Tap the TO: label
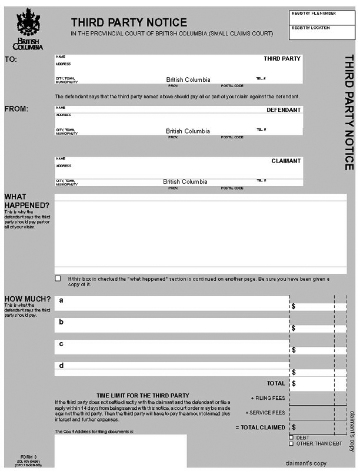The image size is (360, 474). (11, 59)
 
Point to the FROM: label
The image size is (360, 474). (16, 109)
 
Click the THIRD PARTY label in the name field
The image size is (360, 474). (282, 59)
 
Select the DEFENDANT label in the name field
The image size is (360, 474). (284, 110)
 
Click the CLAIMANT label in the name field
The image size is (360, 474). (286, 161)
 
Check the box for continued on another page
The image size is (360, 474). (58, 279)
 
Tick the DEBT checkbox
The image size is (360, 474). (291, 437)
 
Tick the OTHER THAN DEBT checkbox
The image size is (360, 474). (291, 443)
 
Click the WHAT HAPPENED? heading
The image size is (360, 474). (26, 201)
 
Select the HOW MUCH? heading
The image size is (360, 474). (27, 299)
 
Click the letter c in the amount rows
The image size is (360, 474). (61, 344)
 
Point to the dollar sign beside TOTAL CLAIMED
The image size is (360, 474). (294, 427)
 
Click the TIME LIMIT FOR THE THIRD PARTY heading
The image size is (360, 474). (142, 395)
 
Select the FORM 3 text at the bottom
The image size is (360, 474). (28, 457)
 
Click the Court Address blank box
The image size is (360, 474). (121, 453)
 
